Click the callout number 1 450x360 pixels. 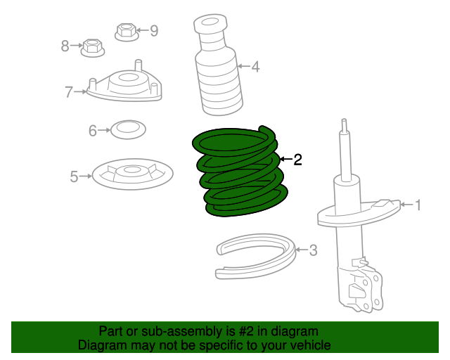coord(418,205)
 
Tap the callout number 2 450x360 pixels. coord(297,160)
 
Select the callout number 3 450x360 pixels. coord(313,250)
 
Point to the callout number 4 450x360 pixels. coord(255,67)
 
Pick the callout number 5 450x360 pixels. coord(74,176)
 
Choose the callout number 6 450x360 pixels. coord(92,130)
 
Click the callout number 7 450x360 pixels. coord(69,91)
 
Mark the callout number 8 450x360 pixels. coord(65,46)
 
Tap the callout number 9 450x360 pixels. coord(153,30)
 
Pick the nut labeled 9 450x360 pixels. coord(125,32)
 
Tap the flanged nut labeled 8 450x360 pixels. coord(92,48)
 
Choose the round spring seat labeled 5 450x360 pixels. coord(132,174)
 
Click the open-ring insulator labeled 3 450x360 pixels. coord(254,254)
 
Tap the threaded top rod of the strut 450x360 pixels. coord(345,148)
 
